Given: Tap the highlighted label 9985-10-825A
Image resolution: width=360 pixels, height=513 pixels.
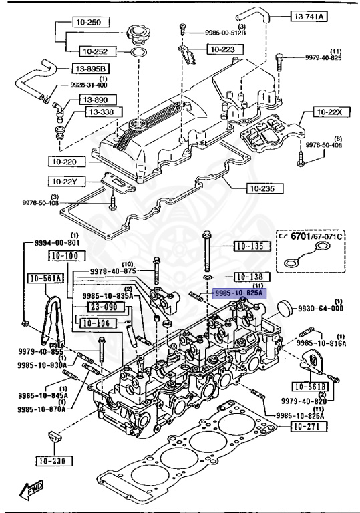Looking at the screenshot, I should pos(239,293).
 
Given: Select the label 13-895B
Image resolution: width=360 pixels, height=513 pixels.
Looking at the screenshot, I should pos(90,69).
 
